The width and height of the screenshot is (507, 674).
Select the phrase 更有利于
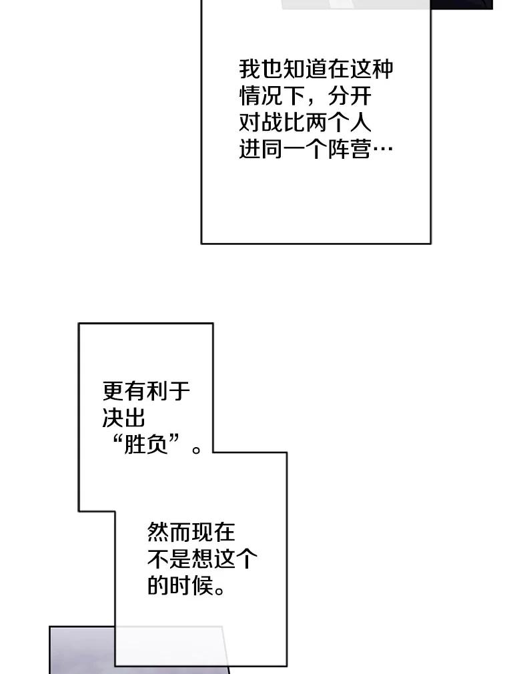point(146,391)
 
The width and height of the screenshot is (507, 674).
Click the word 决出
point(124,418)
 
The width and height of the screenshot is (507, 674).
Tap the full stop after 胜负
point(196,448)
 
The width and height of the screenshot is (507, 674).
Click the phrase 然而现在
point(191,533)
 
